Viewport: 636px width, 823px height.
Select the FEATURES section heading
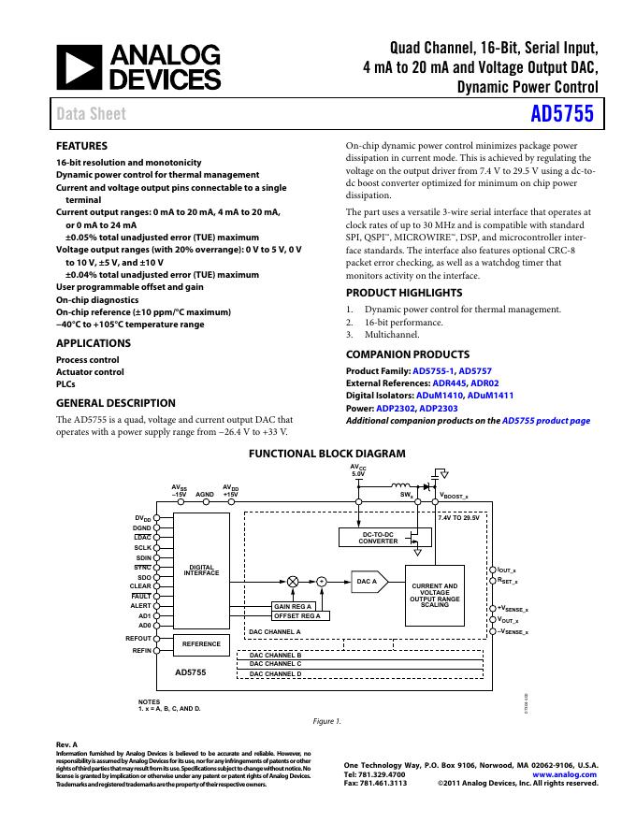pos(82,146)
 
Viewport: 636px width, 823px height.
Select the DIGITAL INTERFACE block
pos(202,570)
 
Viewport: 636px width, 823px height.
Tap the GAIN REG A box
pos(293,606)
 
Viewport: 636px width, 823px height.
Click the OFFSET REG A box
pos(297,616)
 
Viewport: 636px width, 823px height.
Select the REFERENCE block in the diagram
pos(202,643)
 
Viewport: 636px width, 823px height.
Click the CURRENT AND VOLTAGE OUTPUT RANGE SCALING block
pos(435,596)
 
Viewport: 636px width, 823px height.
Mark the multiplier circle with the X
pos(294,581)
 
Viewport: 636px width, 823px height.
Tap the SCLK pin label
pos(143,547)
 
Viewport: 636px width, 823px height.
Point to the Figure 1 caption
pos(326,721)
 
